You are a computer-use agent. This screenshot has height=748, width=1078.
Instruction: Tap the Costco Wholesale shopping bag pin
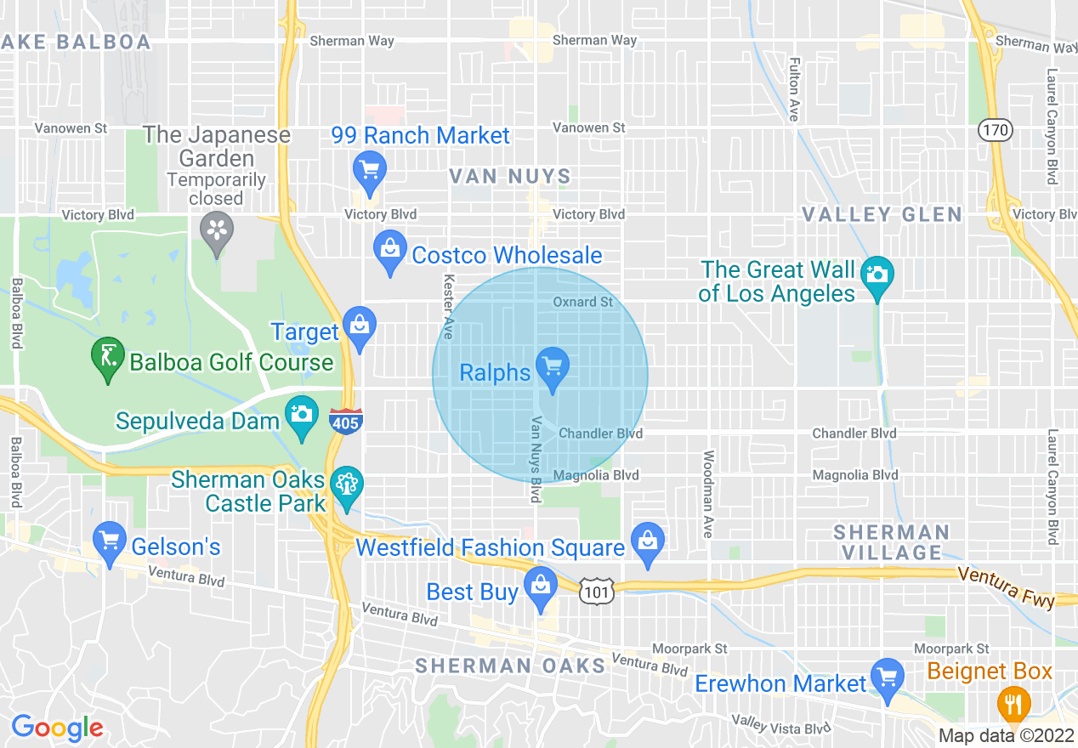pos(390,249)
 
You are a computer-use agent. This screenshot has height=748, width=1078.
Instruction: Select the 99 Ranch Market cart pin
pos(369,169)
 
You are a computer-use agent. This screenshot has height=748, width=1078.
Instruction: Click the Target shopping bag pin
pos(360,326)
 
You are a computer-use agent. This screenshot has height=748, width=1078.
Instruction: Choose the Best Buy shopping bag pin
pos(539,586)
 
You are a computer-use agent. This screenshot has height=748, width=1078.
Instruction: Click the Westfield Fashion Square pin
pos(648,541)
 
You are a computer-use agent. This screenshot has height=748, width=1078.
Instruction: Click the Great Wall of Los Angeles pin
pos(877,275)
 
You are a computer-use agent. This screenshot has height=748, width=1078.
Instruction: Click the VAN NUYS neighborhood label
pos(510,177)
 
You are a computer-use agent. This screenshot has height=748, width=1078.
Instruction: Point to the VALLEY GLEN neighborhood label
pos(882,215)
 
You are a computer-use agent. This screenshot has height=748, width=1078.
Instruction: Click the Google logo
pos(57,728)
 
